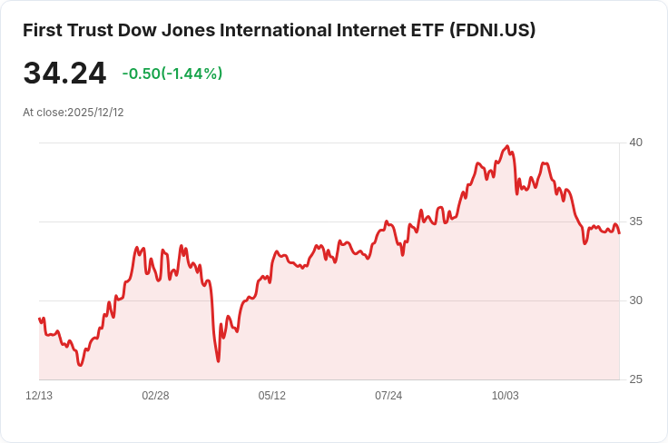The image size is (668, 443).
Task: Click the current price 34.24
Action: pos(64,74)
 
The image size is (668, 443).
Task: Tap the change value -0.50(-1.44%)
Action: pos(172,74)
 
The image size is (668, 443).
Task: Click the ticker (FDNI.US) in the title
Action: pos(492,30)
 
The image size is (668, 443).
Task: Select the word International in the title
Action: pos(276,30)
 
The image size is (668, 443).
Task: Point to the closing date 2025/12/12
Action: pos(95,113)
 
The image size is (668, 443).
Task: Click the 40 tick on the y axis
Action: pos(635,143)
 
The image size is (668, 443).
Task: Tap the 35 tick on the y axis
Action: pos(635,221)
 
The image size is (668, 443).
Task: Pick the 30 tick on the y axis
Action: pos(635,300)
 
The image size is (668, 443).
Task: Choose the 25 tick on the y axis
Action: pos(635,379)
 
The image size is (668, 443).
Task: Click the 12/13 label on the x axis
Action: pos(39,396)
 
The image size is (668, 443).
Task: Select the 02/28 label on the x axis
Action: pos(155,396)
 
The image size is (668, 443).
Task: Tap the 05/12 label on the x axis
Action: pos(271,396)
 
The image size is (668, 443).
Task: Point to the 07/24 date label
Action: pos(388,396)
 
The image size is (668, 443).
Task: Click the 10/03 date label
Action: pos(506,396)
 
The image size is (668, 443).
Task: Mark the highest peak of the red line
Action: pos(507,146)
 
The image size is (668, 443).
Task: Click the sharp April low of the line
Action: pos(218,361)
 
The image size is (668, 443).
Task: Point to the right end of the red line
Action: pos(619,233)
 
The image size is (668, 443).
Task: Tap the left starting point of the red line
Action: pos(40,319)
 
